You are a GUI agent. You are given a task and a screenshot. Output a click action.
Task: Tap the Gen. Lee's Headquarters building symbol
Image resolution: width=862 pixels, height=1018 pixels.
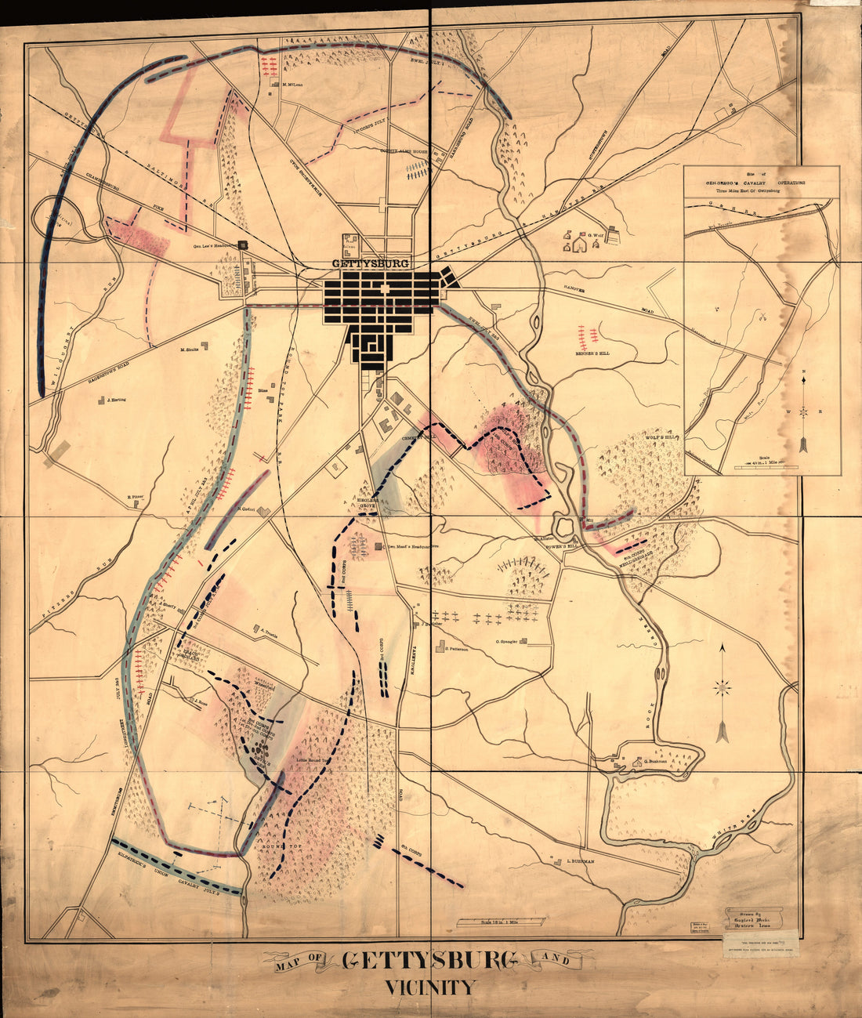pyautogui.click(x=244, y=245)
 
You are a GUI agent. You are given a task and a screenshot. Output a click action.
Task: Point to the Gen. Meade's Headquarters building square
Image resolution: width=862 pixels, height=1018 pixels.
pyautogui.click(x=378, y=546)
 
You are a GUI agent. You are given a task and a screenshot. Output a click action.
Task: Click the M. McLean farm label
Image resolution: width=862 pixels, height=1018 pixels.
pyautogui.click(x=292, y=85)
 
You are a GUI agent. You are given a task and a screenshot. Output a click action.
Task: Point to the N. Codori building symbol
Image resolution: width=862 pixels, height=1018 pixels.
pyautogui.click(x=265, y=512)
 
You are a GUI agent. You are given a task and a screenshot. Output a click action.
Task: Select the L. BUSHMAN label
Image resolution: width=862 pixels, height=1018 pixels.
pyautogui.click(x=579, y=860)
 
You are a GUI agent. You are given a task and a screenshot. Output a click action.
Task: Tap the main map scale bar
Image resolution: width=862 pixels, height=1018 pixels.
pyautogui.click(x=497, y=922)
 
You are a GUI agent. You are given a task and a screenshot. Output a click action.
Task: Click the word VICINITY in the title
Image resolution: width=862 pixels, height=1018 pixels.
pyautogui.click(x=429, y=987)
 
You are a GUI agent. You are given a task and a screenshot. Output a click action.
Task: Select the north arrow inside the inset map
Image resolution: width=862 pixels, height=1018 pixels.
pyautogui.click(x=804, y=411)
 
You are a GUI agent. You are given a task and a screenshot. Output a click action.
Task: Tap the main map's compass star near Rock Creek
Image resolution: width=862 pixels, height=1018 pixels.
pyautogui.click(x=723, y=687)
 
